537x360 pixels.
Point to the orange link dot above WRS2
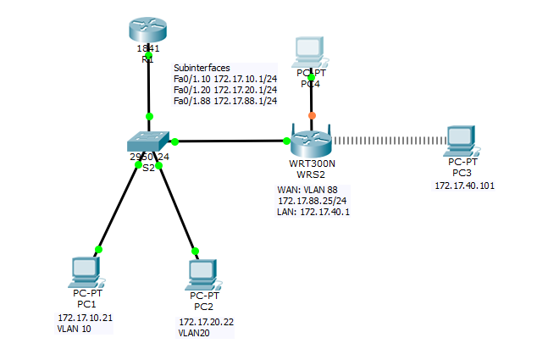(x=312, y=115)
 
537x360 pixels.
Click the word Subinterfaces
(x=202, y=68)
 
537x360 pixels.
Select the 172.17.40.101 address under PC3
(x=463, y=184)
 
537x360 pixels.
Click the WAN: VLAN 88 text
(x=307, y=190)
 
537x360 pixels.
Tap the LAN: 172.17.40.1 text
(x=313, y=212)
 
